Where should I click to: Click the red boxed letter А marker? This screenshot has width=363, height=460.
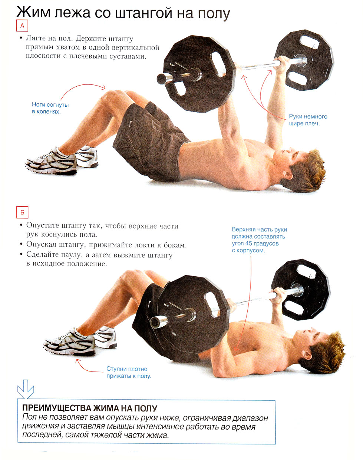[22, 26]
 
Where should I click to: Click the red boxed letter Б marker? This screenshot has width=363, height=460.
[22, 212]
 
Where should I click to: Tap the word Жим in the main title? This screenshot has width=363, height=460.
[34, 13]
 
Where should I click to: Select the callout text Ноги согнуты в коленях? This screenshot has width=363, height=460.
[50, 108]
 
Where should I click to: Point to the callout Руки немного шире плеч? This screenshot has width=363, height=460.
[308, 120]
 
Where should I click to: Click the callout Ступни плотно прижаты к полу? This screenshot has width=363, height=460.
[129, 372]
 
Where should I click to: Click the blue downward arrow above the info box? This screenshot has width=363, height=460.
[26, 389]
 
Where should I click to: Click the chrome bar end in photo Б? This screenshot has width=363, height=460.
[155, 321]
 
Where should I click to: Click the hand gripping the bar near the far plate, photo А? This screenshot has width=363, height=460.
[282, 64]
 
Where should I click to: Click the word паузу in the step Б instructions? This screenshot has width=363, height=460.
[72, 254]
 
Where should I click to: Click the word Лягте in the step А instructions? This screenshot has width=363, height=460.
[36, 38]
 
